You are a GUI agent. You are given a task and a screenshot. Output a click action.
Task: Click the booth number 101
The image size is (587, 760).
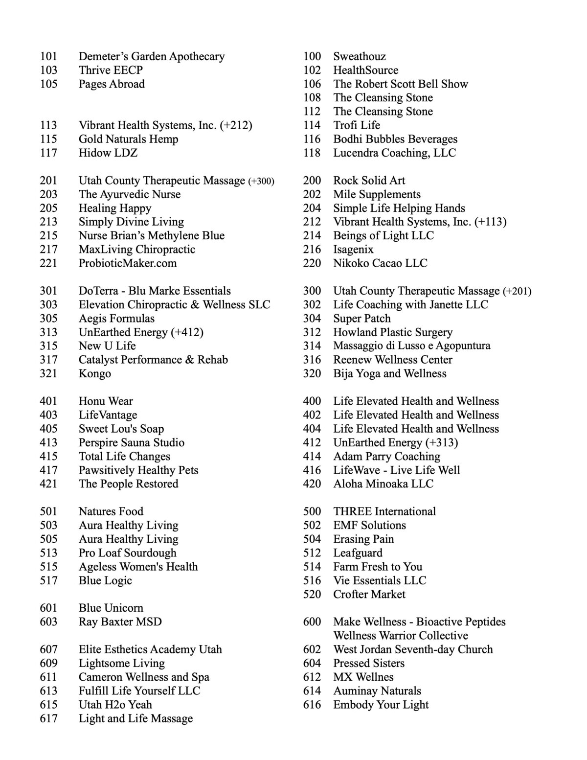coord(48,57)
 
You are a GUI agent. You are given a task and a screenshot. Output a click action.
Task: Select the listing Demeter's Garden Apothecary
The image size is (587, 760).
coord(152,57)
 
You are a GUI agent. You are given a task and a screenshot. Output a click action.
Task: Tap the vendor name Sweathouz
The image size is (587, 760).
coord(360,57)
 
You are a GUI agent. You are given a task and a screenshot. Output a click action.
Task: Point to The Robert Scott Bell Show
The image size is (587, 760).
coord(401,84)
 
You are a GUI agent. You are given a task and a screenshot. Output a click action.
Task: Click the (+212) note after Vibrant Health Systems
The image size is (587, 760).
coord(236,126)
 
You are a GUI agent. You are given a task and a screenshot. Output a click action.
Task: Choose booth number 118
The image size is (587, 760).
coord(312,153)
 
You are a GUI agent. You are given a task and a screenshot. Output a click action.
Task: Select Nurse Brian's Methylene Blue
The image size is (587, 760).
coord(152,236)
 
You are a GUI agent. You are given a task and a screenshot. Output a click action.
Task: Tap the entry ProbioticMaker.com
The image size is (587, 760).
coord(128,263)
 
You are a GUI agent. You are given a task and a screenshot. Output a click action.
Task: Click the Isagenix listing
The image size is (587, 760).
coord(353,250)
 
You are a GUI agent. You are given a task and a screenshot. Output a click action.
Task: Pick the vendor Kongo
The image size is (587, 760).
coord(95,374)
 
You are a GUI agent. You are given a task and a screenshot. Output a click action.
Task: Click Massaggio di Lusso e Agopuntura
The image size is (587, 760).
coord(412,346)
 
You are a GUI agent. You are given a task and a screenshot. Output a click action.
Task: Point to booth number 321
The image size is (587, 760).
coord(48,374)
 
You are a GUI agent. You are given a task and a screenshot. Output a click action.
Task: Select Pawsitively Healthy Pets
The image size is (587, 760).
coord(138,470)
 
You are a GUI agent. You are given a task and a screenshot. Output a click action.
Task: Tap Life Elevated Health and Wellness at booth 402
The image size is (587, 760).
coord(416,415)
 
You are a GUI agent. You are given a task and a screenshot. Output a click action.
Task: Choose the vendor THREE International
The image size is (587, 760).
coord(384,512)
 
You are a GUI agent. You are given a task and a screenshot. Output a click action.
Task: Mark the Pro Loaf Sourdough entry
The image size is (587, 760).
coord(128,553)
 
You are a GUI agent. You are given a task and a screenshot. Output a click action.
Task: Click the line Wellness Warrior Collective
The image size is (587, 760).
coord(401,636)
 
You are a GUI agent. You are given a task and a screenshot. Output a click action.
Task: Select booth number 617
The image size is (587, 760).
coord(48,718)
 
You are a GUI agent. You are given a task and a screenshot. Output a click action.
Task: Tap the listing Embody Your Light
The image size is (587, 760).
coord(381,705)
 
